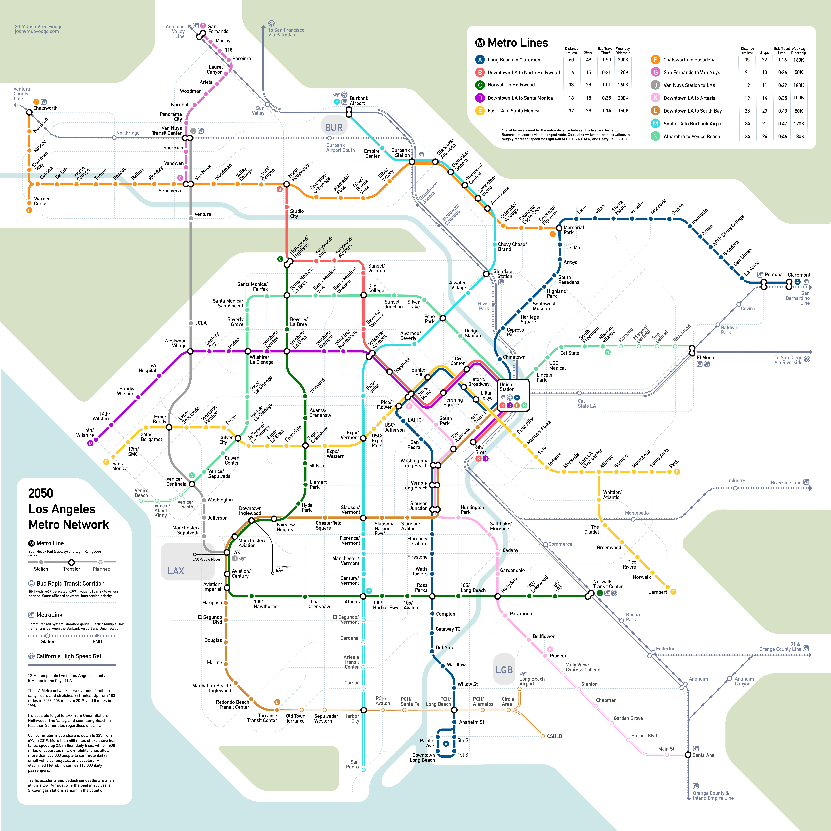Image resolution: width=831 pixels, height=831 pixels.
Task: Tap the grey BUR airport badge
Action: (334, 127)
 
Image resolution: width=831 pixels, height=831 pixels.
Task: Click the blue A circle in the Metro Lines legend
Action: (480, 60)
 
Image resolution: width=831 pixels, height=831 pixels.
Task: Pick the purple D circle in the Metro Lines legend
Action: (480, 98)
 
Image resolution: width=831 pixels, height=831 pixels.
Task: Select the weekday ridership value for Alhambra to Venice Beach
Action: (799, 136)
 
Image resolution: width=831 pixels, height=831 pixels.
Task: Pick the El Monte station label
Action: (706, 357)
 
